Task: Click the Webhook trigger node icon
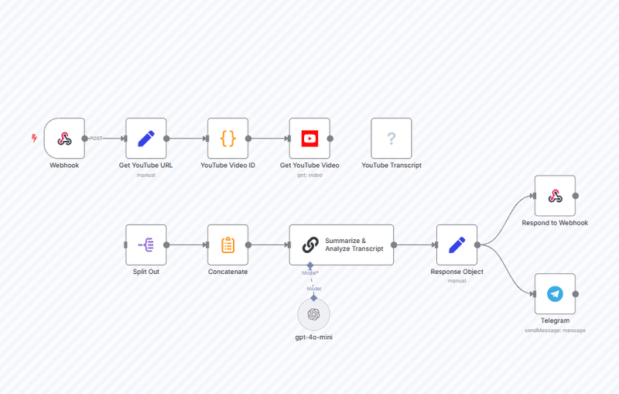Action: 64,139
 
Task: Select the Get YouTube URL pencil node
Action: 146,139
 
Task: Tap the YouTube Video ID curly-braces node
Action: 227,139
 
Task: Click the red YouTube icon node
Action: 309,139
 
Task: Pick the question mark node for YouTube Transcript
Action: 392,139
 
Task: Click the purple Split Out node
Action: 146,245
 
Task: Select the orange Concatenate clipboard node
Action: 227,245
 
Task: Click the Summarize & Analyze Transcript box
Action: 341,245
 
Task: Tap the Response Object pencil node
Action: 457,245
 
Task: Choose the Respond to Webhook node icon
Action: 555,196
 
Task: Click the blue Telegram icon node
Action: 555,294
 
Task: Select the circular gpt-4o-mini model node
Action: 313,314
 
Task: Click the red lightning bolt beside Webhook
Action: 34,139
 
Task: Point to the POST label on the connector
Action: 96,139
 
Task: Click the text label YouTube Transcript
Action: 392,166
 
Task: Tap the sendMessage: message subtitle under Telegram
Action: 555,331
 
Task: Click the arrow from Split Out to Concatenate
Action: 187,245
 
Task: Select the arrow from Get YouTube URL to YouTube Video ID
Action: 187,139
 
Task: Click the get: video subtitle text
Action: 309,175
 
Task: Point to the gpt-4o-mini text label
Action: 313,337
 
